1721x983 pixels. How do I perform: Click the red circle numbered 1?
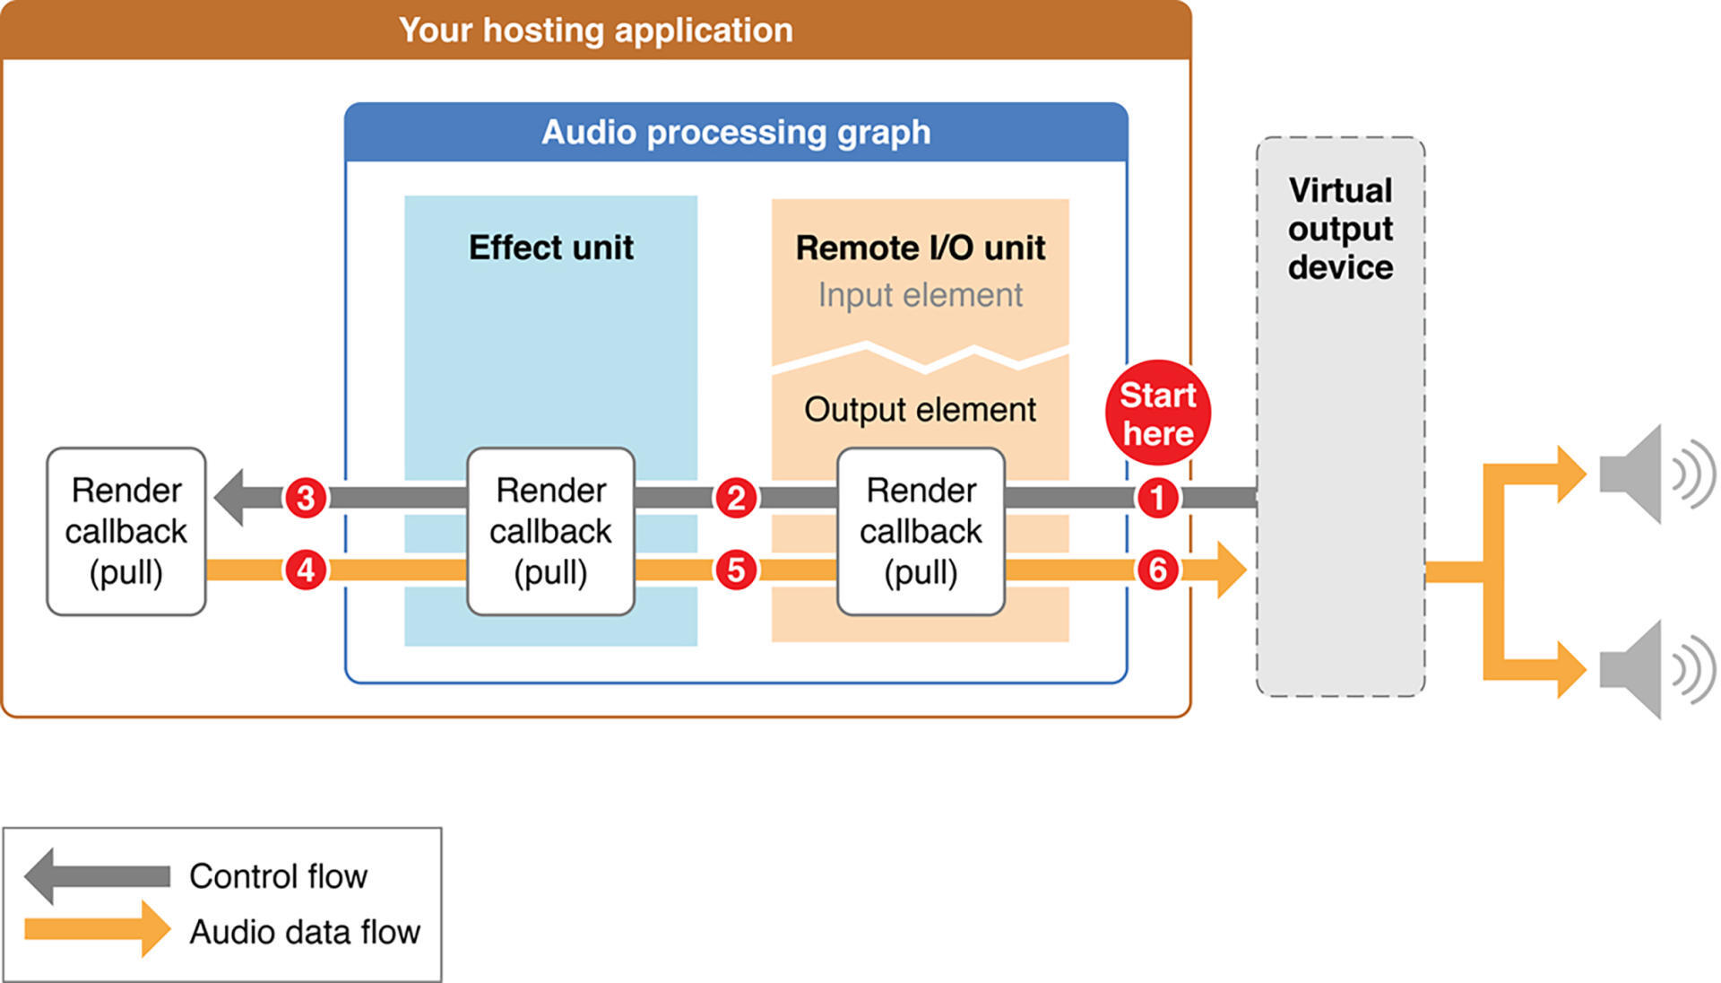(x=1157, y=498)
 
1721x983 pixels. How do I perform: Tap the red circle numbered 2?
(x=736, y=498)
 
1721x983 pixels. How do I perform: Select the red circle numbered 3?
(x=306, y=498)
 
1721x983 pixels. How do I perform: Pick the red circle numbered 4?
(x=306, y=570)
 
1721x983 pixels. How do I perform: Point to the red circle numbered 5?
(x=736, y=570)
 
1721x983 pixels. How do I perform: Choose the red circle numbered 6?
(x=1157, y=570)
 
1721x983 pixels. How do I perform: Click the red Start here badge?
(x=1157, y=413)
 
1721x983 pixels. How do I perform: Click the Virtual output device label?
(x=1340, y=229)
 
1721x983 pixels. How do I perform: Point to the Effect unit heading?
(x=550, y=248)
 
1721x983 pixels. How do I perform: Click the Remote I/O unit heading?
(x=920, y=248)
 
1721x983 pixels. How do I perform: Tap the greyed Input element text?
(x=920, y=295)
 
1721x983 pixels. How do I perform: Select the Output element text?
(x=920, y=410)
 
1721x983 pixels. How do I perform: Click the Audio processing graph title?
(x=736, y=133)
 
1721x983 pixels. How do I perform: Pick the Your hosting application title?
(x=596, y=30)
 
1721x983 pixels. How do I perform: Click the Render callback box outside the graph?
(x=126, y=532)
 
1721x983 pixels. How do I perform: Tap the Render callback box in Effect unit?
(x=550, y=532)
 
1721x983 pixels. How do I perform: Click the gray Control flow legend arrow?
(x=97, y=875)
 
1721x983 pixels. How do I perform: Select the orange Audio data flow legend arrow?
(x=97, y=929)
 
